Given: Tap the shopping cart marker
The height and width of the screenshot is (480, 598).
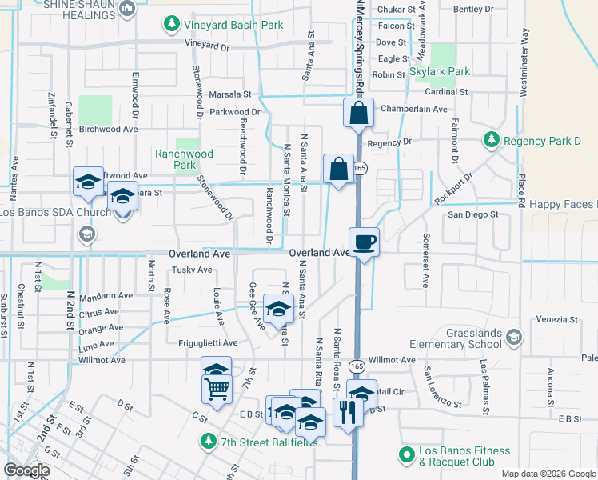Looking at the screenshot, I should tap(217, 390).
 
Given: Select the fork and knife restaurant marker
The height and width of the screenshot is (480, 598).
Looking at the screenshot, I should tap(348, 413).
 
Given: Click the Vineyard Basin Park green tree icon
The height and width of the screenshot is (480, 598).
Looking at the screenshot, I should tap(170, 26).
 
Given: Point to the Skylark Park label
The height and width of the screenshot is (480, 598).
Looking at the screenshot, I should tap(448, 71).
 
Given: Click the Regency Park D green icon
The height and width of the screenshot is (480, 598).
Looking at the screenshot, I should tap(492, 142).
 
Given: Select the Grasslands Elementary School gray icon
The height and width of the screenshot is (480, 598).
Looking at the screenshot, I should tap(513, 338).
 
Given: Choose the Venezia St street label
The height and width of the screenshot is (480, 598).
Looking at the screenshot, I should tap(557, 319).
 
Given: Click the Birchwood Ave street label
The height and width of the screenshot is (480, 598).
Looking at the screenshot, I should tap(109, 129).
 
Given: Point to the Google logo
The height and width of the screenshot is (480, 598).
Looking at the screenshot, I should tap(26, 470).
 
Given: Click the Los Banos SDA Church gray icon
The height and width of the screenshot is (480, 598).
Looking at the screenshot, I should tap(86, 234).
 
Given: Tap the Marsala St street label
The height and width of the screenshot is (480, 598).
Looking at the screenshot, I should tap(230, 94).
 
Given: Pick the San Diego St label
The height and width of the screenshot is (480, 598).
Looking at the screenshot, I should tap(472, 215).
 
